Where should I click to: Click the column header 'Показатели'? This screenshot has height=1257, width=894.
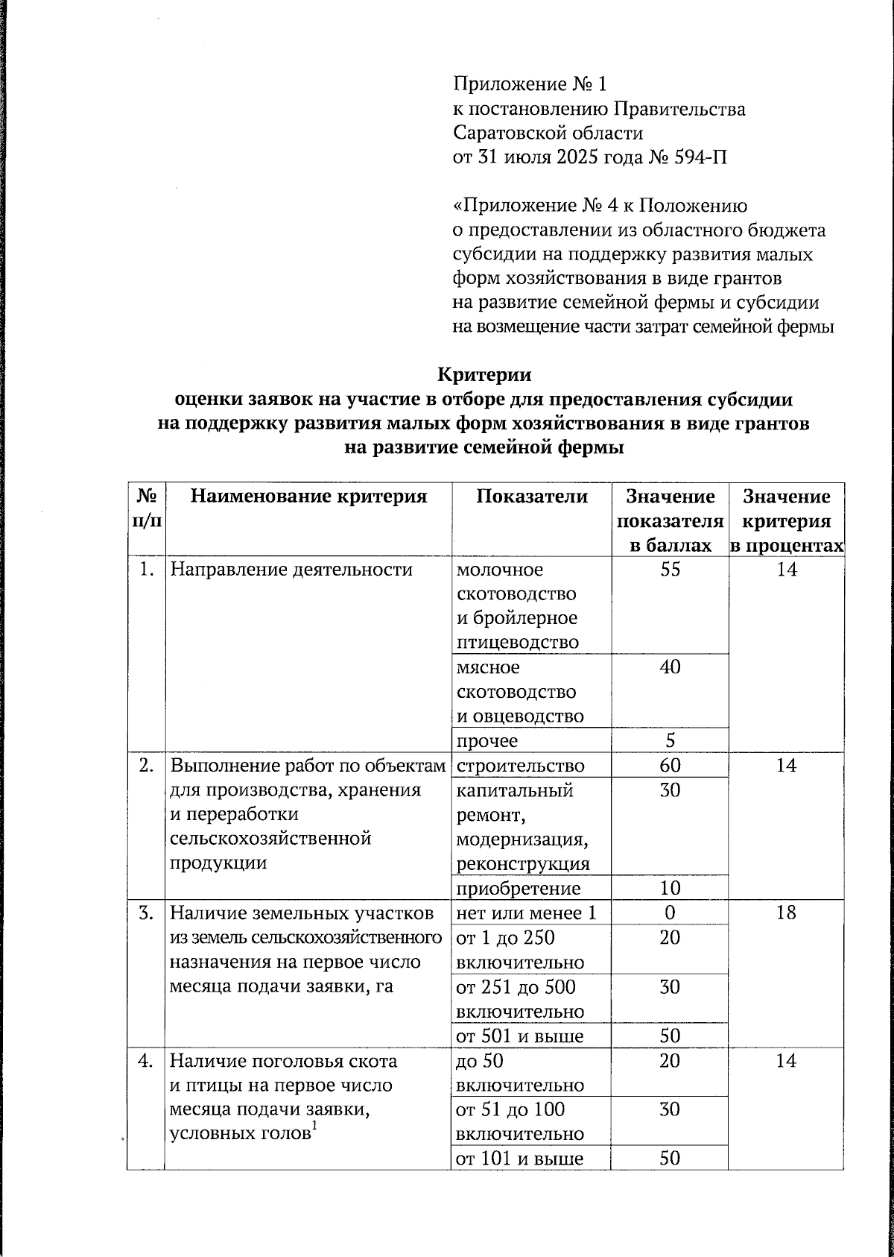click(532, 497)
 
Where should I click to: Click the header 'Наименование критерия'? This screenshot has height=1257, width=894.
click(308, 497)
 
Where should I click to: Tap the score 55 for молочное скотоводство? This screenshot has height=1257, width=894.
click(670, 570)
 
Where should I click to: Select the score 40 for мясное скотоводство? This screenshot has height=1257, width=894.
click(670, 667)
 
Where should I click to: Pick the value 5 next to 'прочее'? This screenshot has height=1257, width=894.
click(670, 740)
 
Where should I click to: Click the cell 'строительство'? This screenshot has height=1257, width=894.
click(520, 766)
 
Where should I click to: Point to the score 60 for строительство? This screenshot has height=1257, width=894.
click(670, 766)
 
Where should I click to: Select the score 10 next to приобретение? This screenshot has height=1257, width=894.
click(670, 888)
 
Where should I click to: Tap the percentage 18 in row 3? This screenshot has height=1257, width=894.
click(786, 913)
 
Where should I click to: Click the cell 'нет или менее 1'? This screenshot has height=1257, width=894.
click(526, 913)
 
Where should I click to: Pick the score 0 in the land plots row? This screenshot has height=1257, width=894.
click(670, 913)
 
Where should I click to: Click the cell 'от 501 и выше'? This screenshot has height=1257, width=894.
click(519, 1035)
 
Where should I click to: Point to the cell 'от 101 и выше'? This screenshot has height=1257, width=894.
click(519, 1158)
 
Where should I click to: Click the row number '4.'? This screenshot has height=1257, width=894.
click(146, 1060)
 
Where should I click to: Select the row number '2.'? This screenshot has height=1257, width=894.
click(146, 766)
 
